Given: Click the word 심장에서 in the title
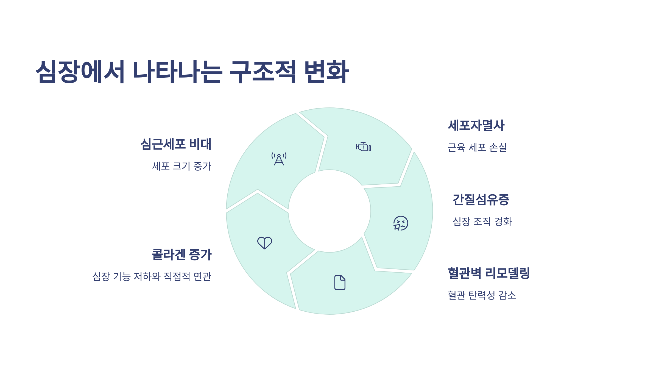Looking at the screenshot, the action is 80,71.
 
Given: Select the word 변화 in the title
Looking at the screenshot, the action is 326,71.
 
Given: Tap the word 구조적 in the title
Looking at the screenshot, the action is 263,71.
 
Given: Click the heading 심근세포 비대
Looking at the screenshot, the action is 176,144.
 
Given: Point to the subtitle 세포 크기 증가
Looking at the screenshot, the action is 182,166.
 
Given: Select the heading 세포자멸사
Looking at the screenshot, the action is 476,125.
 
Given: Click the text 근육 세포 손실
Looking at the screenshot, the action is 477,148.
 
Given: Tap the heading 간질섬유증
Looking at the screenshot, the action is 481,200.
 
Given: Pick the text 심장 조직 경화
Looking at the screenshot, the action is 482,222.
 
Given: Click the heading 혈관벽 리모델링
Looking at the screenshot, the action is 489,273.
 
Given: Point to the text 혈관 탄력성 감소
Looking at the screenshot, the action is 482,295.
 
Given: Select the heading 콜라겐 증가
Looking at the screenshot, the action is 182,254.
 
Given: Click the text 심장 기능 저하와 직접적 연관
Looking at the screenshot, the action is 152,276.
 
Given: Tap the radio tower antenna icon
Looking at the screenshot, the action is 279,159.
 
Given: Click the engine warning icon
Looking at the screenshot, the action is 363,147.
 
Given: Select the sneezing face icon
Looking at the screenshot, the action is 401,223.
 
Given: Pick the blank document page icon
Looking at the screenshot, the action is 340,282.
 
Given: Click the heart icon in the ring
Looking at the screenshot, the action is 264,243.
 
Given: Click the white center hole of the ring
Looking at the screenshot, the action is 329,211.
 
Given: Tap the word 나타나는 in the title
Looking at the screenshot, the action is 177,71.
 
